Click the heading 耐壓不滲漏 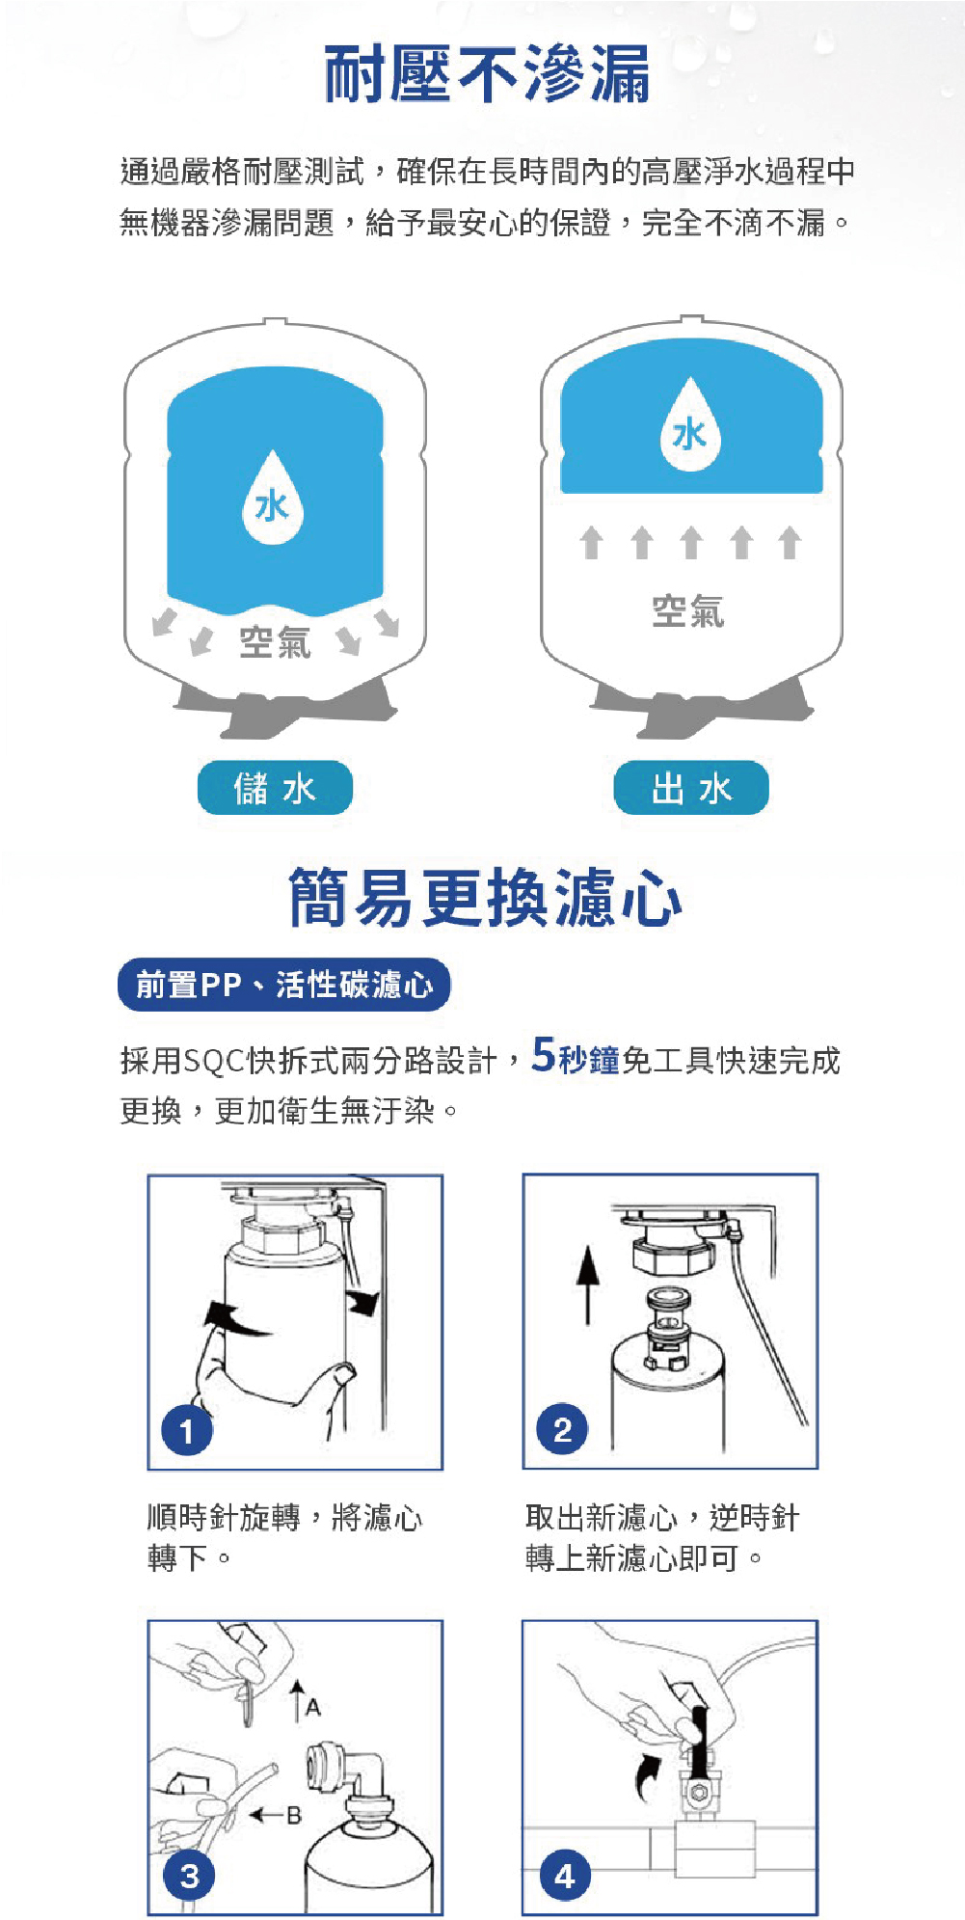[487, 73]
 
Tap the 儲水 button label [275, 788]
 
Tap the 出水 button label [691, 788]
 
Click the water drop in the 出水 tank [690, 424]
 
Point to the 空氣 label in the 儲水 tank [275, 642]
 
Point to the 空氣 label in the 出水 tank [687, 611]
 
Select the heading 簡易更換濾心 [486, 898]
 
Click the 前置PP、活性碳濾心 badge [284, 985]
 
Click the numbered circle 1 [187, 1431]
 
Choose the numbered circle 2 [563, 1429]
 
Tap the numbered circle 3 [189, 1876]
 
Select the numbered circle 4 [565, 1876]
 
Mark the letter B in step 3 [294, 1816]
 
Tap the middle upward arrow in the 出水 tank [690, 542]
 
